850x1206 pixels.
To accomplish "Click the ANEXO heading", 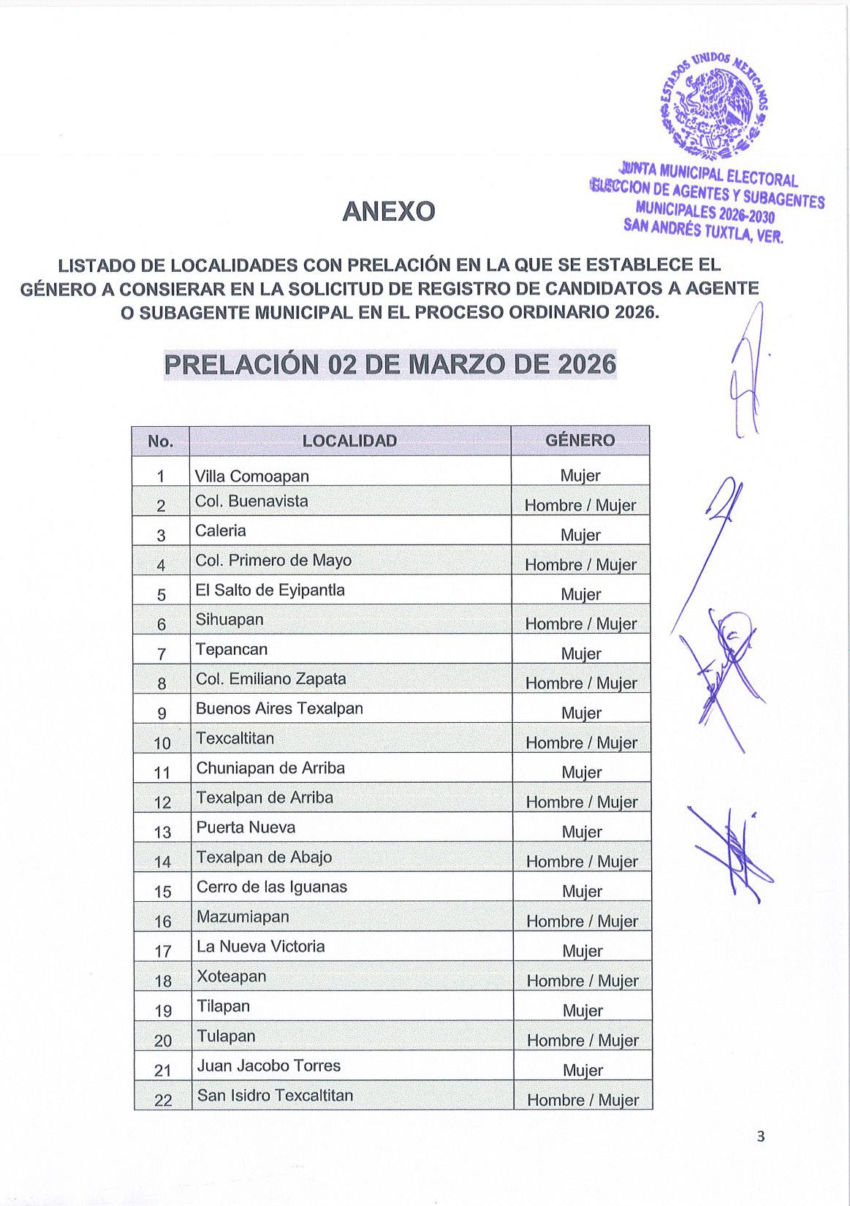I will [388, 212].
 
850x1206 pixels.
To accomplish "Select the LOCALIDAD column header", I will [349, 441].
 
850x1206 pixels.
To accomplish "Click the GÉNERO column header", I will [580, 440].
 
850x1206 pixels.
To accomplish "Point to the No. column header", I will [160, 441].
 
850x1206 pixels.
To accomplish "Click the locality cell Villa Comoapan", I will [252, 476].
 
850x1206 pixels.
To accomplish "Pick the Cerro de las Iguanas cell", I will [272, 887].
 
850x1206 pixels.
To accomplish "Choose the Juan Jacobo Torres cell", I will [269, 1066].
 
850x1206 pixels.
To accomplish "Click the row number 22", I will [163, 1100].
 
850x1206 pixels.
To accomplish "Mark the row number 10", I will [162, 743].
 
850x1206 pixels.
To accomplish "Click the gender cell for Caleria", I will [580, 535].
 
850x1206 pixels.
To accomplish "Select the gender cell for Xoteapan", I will [583, 981].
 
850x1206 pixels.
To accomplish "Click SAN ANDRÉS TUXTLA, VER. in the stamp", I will [703, 231].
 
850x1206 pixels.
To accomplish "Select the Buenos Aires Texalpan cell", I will [279, 708].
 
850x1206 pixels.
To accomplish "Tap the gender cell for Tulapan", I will [583, 1040].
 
